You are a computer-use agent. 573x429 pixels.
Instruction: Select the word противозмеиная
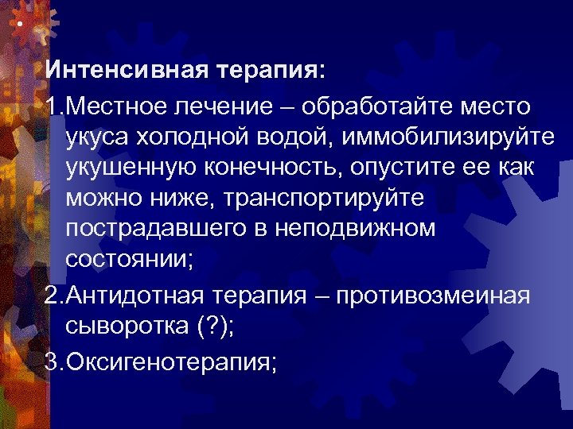coord(432,297)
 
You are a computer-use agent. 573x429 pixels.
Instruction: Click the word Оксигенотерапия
coord(170,362)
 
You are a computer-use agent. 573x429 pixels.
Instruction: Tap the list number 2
coord(52,297)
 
